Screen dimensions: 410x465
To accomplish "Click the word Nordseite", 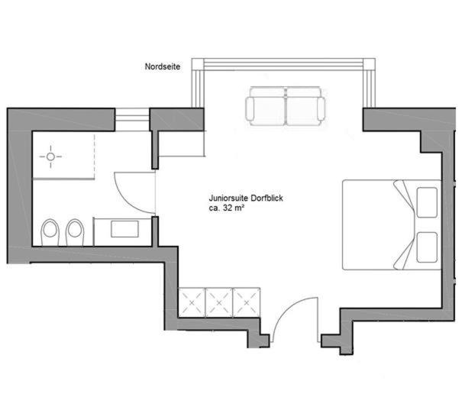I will [x=162, y=67].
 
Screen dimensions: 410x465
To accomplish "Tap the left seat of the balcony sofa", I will [x=265, y=106].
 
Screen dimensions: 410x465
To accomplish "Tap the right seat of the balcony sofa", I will [x=304, y=106].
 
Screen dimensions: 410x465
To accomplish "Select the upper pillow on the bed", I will [x=426, y=199].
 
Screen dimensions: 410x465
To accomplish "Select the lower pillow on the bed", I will [x=426, y=246].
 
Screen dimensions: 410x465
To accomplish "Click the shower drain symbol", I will [x=52, y=157].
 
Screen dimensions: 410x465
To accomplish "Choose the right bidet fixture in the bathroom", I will [x=74, y=232].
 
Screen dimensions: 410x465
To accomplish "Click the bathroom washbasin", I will [x=124, y=228].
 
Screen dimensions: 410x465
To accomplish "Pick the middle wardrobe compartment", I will [x=218, y=302].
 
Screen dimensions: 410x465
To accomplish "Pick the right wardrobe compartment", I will [x=246, y=302].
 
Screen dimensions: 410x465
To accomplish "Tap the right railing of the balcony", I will [x=372, y=84].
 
